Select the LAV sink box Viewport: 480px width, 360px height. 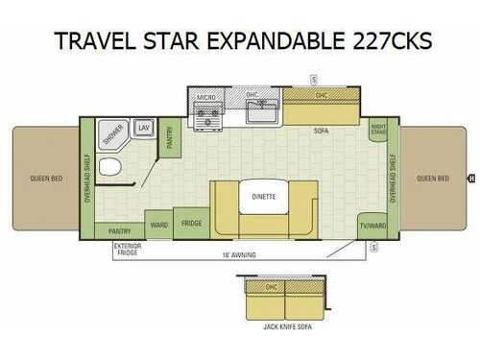pos(144,127)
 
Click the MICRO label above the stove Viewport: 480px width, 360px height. pos(205,97)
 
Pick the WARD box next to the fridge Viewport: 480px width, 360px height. pos(158,226)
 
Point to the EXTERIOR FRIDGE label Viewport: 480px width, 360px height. pos(127,250)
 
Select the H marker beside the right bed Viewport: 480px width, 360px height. pos(470,178)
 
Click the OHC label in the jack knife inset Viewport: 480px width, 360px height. pos(272,286)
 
